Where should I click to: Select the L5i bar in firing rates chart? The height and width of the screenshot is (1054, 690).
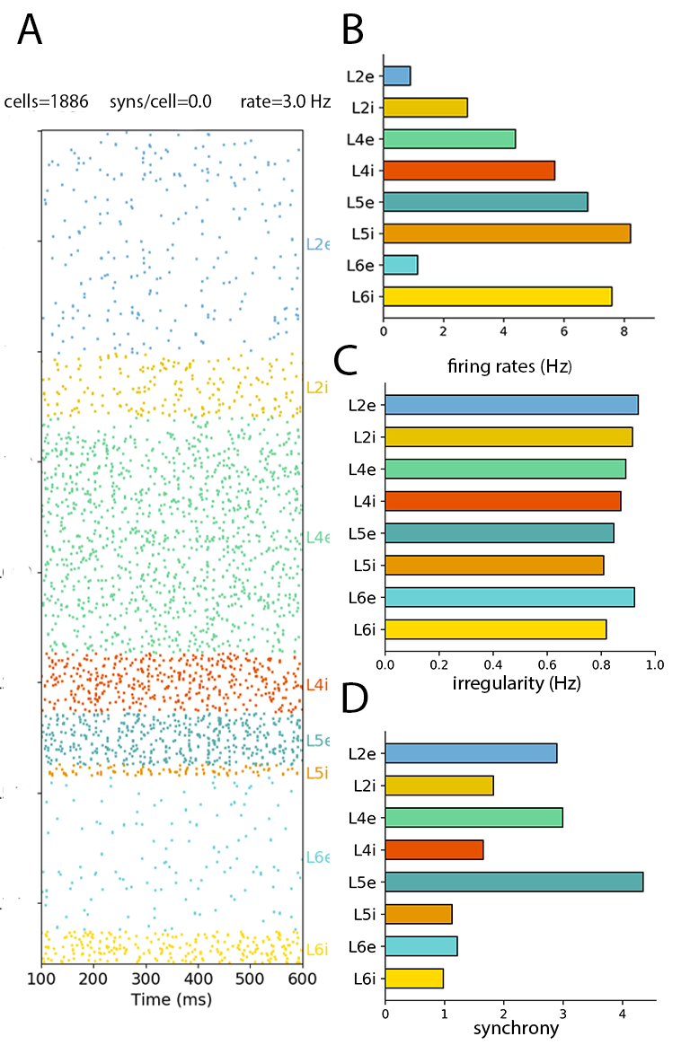click(x=507, y=233)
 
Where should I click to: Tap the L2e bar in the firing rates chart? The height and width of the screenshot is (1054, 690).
click(x=397, y=75)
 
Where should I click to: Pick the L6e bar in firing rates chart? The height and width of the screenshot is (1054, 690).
click(x=401, y=264)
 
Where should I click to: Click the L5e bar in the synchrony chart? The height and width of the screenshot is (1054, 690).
click(x=514, y=882)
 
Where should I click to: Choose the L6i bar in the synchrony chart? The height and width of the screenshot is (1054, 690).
click(x=414, y=978)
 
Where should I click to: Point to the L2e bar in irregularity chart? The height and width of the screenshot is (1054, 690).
click(x=511, y=404)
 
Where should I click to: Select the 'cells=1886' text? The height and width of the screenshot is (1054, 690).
click(x=47, y=101)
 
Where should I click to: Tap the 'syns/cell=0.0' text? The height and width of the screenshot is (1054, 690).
click(x=160, y=101)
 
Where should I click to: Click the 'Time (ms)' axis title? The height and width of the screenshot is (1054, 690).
click(x=172, y=998)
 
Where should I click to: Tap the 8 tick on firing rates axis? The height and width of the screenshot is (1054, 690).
click(x=624, y=329)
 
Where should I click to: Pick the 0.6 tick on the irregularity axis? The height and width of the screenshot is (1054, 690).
click(x=546, y=665)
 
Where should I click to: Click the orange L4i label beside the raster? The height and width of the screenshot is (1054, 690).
click(x=316, y=685)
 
